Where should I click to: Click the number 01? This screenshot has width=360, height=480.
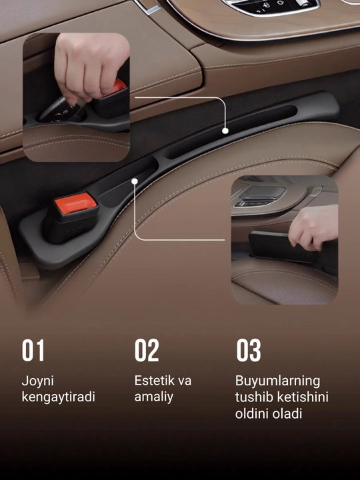(33, 350)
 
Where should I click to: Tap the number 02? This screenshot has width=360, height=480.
(147, 350)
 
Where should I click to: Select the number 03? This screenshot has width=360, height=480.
(249, 350)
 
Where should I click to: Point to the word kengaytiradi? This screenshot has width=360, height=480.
(59, 397)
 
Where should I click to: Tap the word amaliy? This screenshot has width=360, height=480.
(154, 397)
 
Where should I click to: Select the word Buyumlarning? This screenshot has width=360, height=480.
(277, 381)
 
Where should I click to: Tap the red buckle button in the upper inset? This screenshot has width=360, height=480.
(116, 87)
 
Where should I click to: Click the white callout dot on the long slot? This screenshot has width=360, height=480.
(225, 131)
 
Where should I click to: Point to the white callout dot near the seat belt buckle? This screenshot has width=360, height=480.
(135, 181)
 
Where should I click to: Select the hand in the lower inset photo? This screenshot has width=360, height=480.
(314, 227)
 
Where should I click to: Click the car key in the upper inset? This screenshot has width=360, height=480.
(61, 110)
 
